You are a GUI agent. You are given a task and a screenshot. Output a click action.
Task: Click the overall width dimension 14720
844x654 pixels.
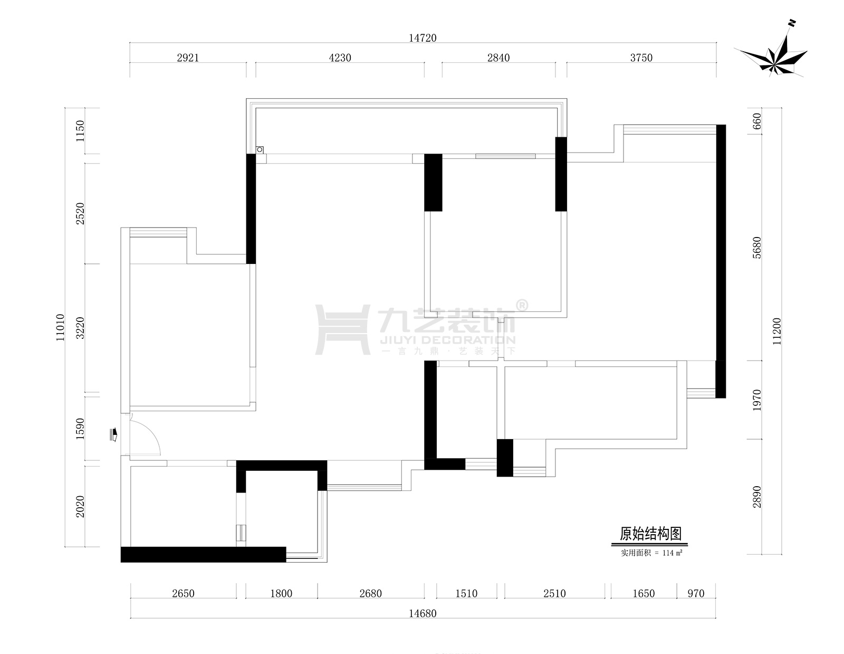423,37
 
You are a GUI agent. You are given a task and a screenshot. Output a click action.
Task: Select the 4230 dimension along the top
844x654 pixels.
340,58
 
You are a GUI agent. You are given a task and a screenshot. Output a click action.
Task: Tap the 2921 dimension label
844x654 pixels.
188,58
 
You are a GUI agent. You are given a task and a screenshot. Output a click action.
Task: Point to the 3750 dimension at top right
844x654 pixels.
641,58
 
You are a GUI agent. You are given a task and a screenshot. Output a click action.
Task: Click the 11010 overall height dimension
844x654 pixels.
60,327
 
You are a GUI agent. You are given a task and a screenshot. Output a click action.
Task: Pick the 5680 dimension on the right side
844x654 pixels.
757,248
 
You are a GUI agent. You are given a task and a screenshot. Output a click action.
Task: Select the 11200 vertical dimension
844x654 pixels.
776,331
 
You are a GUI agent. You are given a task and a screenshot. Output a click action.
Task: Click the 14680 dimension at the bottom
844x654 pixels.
423,613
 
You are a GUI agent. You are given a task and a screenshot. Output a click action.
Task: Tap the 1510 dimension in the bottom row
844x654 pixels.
466,593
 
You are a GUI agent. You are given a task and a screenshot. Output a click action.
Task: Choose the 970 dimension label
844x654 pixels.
696,593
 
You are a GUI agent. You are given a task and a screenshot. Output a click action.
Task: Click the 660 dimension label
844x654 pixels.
757,121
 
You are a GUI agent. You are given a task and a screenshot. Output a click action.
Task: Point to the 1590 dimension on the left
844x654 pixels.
80,429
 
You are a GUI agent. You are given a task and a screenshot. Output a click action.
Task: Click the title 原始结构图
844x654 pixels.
650,534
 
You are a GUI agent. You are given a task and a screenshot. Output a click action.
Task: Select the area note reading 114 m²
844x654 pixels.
673,553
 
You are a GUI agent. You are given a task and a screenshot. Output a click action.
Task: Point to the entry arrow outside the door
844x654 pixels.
113,434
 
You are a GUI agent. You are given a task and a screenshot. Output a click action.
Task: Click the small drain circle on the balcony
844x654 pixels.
260,149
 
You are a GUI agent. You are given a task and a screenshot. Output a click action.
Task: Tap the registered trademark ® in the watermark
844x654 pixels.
522,306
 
